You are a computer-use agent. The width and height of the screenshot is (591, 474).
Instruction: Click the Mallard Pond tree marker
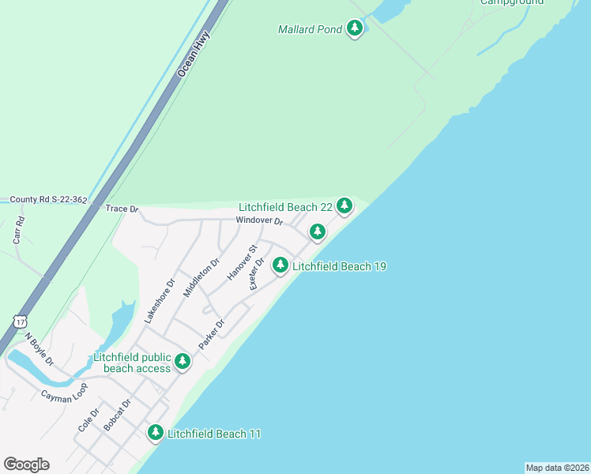click(355, 29)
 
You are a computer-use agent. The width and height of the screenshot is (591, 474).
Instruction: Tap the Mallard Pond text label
click(310, 30)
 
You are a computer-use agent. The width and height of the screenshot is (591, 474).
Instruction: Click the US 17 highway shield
click(20, 321)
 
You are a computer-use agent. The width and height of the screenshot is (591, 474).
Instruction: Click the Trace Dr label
click(122, 209)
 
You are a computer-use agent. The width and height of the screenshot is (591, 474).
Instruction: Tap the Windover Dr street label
click(258, 222)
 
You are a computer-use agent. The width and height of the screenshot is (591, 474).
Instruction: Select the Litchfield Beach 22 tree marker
click(344, 205)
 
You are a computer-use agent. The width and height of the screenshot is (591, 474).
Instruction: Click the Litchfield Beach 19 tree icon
click(280, 265)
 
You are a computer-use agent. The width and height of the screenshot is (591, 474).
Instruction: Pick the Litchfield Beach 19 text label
click(339, 267)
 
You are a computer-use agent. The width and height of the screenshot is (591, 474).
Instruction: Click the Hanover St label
click(243, 262)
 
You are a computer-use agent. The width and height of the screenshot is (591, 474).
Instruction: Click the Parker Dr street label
click(212, 334)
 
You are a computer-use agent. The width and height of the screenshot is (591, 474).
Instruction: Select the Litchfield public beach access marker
click(183, 361)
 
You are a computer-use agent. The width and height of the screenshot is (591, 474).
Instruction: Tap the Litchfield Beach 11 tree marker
click(156, 432)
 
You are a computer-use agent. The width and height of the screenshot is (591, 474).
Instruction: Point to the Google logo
click(26, 465)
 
